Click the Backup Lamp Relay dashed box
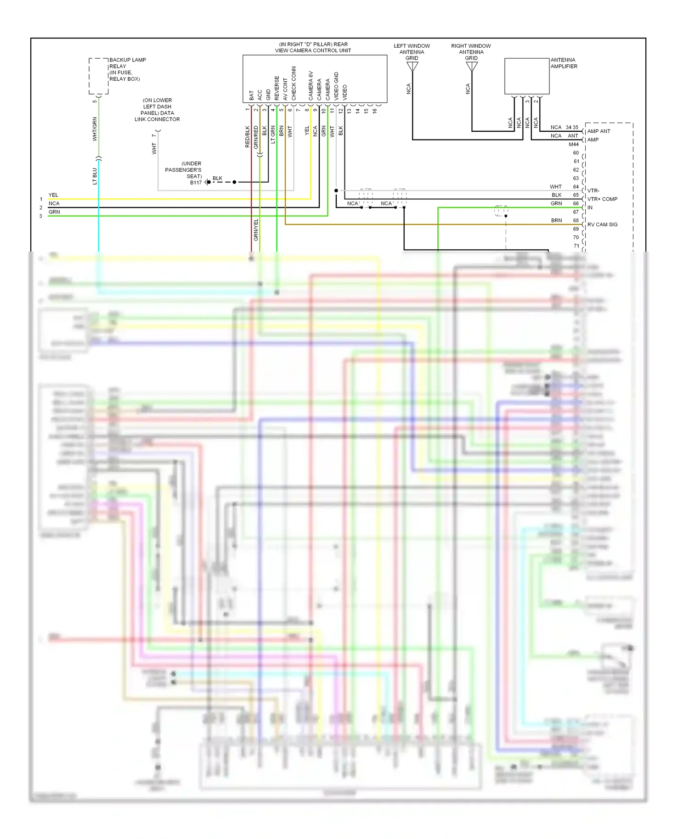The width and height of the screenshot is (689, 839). (x=98, y=76)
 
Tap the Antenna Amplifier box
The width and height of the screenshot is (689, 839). (x=527, y=76)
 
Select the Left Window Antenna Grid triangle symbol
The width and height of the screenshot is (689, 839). (x=412, y=67)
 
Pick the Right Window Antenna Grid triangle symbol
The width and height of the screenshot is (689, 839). (x=472, y=67)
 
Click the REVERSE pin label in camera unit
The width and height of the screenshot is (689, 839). (x=277, y=88)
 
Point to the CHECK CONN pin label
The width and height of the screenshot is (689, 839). (x=294, y=84)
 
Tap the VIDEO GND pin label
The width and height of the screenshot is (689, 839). (x=336, y=86)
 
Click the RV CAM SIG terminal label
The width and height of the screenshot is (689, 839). (x=602, y=224)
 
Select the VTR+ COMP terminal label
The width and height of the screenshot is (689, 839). (x=602, y=199)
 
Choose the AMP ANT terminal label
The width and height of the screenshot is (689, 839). (x=599, y=131)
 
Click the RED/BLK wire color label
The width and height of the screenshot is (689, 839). (x=248, y=137)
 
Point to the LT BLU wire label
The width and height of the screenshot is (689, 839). (x=95, y=176)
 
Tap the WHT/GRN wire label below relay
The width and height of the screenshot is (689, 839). (x=95, y=129)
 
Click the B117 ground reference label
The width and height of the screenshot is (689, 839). (x=196, y=183)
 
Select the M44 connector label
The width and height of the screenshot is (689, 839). (x=574, y=145)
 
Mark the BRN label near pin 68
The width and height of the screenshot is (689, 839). (x=556, y=220)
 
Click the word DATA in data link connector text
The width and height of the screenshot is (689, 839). (x=167, y=113)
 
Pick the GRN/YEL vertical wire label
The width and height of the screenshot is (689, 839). (x=256, y=230)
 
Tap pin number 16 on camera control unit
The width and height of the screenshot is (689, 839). (x=375, y=111)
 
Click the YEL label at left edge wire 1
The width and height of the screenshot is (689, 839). (x=53, y=195)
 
